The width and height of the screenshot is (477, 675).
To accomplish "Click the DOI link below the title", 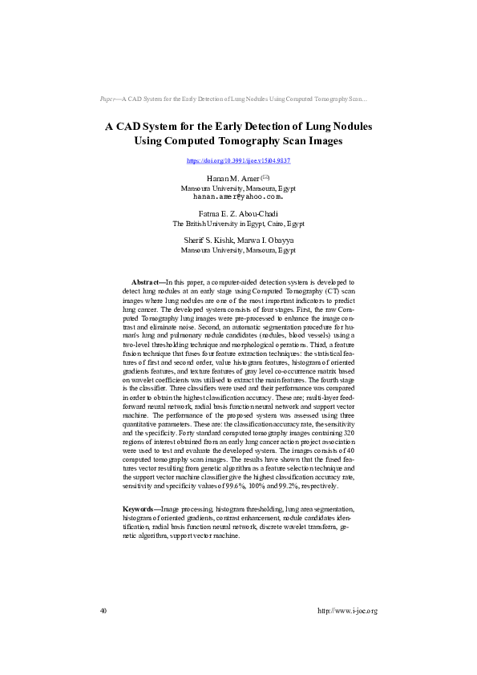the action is coord(238,161).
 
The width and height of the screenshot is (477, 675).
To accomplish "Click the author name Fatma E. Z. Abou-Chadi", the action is coord(238,214).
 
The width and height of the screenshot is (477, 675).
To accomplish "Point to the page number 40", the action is coord(103,611).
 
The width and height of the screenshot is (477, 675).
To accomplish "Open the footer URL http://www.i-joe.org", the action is coord(347,611).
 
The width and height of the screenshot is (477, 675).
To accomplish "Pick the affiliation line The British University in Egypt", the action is coord(238,224).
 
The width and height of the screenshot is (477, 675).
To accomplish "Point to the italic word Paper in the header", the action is coord(108,99).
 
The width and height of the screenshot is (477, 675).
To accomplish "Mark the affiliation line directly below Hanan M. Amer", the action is coord(238,187).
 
